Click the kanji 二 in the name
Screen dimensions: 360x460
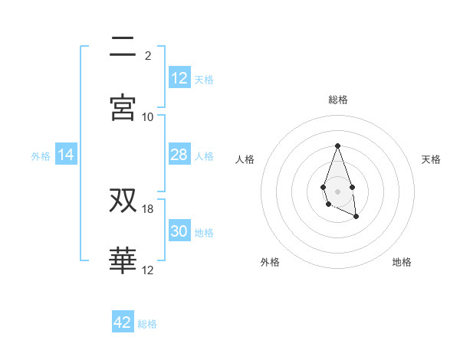pyautogui.click(x=123, y=47)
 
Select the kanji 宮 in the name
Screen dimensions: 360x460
pyautogui.click(x=123, y=108)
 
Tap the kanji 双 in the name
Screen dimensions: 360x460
pyautogui.click(x=123, y=201)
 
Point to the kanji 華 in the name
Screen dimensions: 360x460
pyautogui.click(x=123, y=261)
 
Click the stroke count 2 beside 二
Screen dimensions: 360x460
pyautogui.click(x=148, y=55)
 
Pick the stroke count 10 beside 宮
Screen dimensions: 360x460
pyautogui.click(x=148, y=116)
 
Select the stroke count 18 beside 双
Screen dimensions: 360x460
pyautogui.click(x=148, y=209)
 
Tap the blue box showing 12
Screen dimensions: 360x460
pyautogui.click(x=179, y=78)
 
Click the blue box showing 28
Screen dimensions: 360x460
pyautogui.click(x=179, y=155)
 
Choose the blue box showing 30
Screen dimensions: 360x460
pyautogui.click(x=179, y=231)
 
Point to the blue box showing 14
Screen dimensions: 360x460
pyautogui.click(x=66, y=155)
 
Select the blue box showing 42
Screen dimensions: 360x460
pyautogui.click(x=123, y=322)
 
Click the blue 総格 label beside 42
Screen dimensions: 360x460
pyautogui.click(x=147, y=324)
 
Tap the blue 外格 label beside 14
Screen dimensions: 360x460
pyautogui.click(x=41, y=156)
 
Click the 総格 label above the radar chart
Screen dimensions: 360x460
pyautogui.click(x=337, y=100)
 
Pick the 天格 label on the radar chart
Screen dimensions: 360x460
pyautogui.click(x=432, y=159)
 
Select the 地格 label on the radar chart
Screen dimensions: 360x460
pyautogui.click(x=402, y=262)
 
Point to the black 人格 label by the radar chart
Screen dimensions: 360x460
pyautogui.click(x=245, y=159)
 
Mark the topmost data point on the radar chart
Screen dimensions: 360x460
pyautogui.click(x=337, y=145)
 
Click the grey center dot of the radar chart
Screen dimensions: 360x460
pyautogui.click(x=337, y=190)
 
